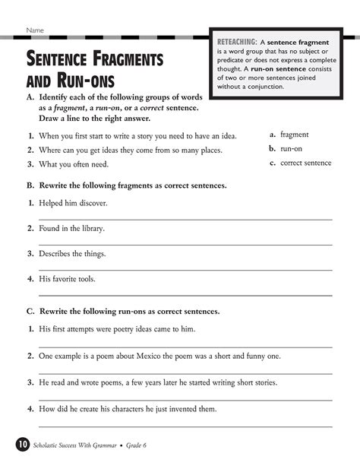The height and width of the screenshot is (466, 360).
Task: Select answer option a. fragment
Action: [289, 134]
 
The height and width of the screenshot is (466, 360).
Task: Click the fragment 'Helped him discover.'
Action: [74, 204]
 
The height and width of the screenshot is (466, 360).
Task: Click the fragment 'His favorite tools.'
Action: [70, 279]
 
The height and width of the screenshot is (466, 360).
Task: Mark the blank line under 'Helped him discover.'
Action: [185, 220]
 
